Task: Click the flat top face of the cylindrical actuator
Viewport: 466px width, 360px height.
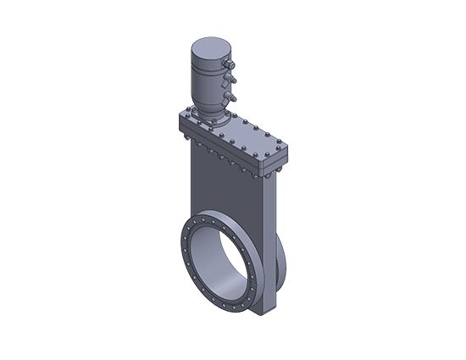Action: point(209,46)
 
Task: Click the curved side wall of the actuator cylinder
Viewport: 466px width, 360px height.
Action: point(207,80)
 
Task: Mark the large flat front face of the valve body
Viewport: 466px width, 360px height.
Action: point(225,191)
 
